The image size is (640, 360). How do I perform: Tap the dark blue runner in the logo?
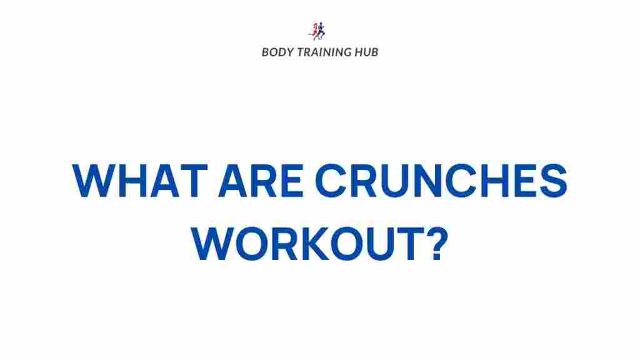(322, 31)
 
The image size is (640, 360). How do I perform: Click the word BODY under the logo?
(276, 52)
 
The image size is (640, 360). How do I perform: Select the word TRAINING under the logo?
(322, 52)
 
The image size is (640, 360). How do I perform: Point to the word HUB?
(366, 52)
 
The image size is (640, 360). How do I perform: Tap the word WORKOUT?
(306, 243)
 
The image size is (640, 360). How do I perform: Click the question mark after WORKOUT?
(438, 243)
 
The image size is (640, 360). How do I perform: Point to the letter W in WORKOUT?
(214, 243)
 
